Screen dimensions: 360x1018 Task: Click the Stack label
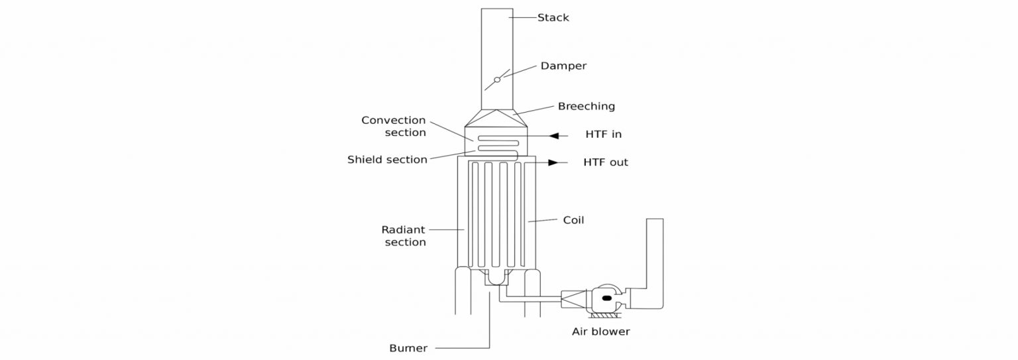pos(552,18)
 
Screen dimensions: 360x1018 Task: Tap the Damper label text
pos(563,66)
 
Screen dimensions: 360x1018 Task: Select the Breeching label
pos(586,106)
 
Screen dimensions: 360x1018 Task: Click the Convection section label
pos(394,126)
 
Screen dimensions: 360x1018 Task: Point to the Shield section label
pos(387,160)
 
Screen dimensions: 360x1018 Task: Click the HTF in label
pos(603,135)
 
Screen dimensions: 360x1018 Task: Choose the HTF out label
pos(605,162)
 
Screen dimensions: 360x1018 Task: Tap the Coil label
pos(573,220)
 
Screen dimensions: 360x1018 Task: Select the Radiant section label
pos(404,236)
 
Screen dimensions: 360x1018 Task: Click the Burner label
pos(408,348)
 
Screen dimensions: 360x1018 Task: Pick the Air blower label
pos(600,331)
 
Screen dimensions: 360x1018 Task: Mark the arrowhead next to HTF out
pos(553,162)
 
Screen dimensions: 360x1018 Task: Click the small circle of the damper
pos(497,80)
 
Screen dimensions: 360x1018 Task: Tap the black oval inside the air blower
pos(605,299)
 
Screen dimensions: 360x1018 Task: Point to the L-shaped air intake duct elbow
pos(647,292)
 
